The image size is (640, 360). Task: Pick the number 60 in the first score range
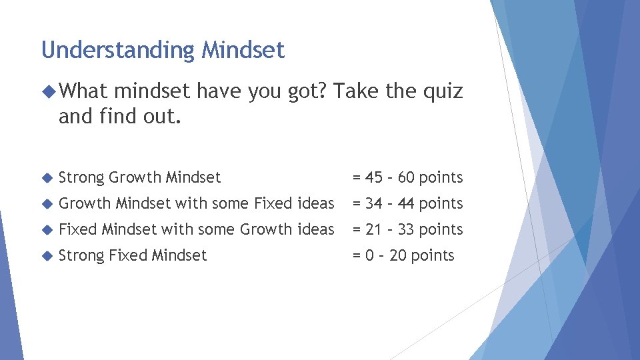pyautogui.click(x=407, y=177)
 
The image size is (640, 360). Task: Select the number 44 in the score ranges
pyautogui.click(x=407, y=203)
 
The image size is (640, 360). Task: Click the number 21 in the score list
pyautogui.click(x=373, y=229)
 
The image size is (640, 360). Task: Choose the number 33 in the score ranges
pyautogui.click(x=407, y=229)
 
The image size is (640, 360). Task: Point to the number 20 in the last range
pyautogui.click(x=398, y=255)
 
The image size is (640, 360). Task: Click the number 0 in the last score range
pyautogui.click(x=369, y=255)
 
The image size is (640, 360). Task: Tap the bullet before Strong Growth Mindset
pyautogui.click(x=46, y=178)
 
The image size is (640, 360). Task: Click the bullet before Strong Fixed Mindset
pyautogui.click(x=46, y=256)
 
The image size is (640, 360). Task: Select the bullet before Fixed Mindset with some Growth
pyautogui.click(x=46, y=230)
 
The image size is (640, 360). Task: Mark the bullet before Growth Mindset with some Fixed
pyautogui.click(x=46, y=204)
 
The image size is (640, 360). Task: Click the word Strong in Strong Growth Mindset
pyautogui.click(x=81, y=177)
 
